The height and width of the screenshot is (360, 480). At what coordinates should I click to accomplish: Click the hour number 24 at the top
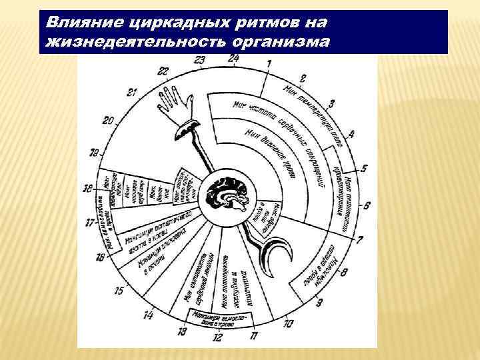(x=233, y=57)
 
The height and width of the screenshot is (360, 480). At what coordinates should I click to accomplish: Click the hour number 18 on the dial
(x=88, y=189)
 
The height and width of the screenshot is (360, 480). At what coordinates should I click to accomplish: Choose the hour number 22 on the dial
(x=163, y=71)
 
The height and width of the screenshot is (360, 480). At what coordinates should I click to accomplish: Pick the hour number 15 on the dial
(x=119, y=291)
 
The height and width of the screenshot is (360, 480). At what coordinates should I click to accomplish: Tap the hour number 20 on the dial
(x=108, y=121)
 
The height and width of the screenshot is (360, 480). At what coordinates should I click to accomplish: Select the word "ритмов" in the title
(x=254, y=24)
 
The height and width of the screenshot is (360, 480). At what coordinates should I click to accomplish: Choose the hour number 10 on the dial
(x=287, y=325)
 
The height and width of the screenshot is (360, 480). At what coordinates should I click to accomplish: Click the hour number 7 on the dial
(x=359, y=239)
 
